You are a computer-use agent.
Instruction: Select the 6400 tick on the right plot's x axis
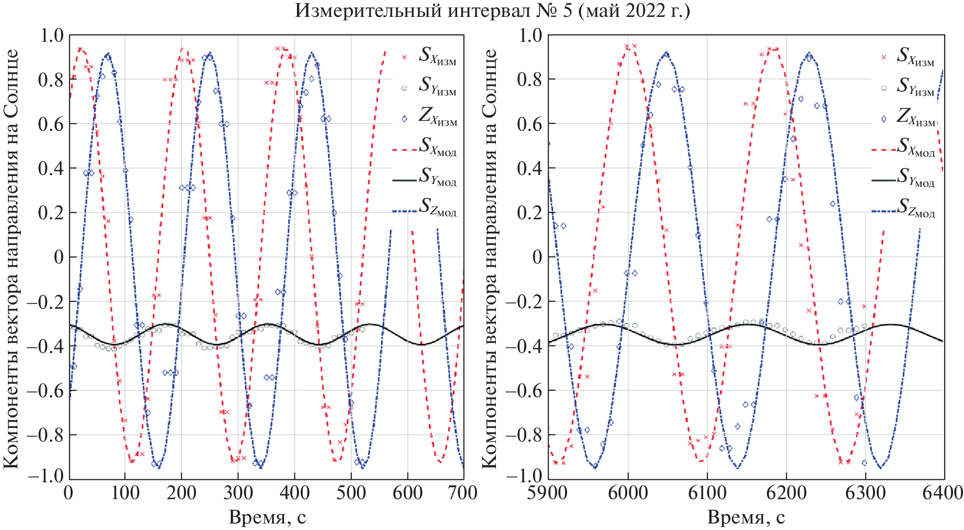coord(942,493)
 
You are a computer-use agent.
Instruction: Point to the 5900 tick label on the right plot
coord(547,493)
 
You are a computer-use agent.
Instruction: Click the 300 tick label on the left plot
coord(238,493)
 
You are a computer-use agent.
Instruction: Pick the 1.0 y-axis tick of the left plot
coord(52,35)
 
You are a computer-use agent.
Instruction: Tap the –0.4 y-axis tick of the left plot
coord(45,346)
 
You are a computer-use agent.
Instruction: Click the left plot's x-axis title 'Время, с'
coord(267,518)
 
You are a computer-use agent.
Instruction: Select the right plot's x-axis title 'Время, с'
coord(746,518)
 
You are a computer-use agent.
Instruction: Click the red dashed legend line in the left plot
coord(404,149)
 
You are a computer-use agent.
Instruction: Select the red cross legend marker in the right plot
coord(884,57)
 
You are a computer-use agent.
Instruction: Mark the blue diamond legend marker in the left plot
coord(404,119)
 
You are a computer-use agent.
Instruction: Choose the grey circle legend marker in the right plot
coord(884,88)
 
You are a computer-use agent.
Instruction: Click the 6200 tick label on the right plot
coord(786,493)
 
